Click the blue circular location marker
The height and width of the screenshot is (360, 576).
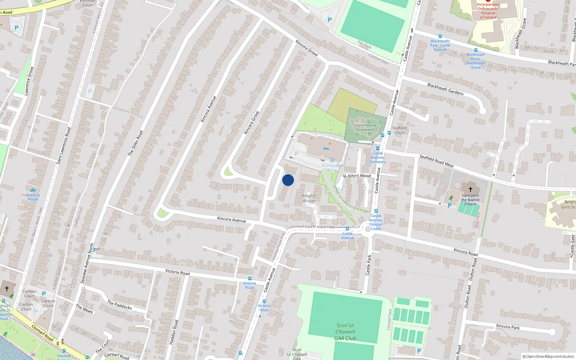(288, 180)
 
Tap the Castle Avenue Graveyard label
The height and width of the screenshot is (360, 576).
(365, 127)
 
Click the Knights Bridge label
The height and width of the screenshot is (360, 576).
(309, 198)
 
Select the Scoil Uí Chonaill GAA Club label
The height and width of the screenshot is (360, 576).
(345, 332)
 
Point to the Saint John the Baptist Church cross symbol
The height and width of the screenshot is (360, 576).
(470, 189)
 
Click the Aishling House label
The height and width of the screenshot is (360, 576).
(33, 197)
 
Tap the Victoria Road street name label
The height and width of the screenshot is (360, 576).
(177, 272)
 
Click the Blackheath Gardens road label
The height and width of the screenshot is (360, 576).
(445, 89)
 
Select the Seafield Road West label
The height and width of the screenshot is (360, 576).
(436, 161)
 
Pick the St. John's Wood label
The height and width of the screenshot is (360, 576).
(357, 176)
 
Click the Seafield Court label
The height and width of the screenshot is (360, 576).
(399, 130)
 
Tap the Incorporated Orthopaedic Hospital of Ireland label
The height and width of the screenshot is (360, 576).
(488, 11)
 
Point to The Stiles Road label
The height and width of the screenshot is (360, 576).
(136, 143)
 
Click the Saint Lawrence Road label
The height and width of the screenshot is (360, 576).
(63, 145)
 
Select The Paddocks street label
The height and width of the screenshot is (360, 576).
(120, 305)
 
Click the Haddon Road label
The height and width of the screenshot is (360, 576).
(174, 332)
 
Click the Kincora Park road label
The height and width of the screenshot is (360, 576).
(508, 327)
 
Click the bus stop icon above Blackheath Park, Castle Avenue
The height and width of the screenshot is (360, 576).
(440, 36)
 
